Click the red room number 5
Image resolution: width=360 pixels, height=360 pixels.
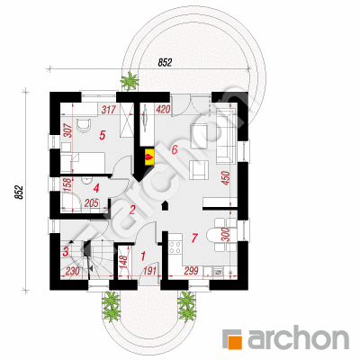[103, 135]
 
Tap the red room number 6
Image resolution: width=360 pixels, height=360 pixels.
[175, 149]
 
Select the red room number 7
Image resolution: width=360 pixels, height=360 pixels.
[194, 238]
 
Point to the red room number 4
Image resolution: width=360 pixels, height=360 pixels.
[96, 189]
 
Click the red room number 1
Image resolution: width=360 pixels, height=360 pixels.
[143, 256]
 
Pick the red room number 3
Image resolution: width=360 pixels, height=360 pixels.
[66, 252]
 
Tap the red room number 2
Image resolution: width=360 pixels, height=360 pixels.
[132, 210]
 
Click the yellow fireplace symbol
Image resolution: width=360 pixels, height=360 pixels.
[149, 157]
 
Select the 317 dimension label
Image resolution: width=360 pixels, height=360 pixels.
[108, 110]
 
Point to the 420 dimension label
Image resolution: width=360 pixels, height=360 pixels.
[162, 110]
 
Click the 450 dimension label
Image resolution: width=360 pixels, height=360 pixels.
[227, 178]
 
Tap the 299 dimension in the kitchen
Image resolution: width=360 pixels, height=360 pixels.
[191, 271]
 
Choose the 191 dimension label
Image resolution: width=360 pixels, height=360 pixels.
[150, 271]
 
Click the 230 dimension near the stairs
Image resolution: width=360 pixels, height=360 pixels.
[72, 271]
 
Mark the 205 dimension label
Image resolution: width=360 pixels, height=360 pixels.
[91, 203]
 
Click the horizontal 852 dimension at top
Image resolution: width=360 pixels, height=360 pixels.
[165, 62]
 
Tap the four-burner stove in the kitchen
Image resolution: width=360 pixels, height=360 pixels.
[175, 247]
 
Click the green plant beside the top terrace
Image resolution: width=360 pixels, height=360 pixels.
[130, 80]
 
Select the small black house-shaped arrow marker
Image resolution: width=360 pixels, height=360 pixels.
[166, 206]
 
